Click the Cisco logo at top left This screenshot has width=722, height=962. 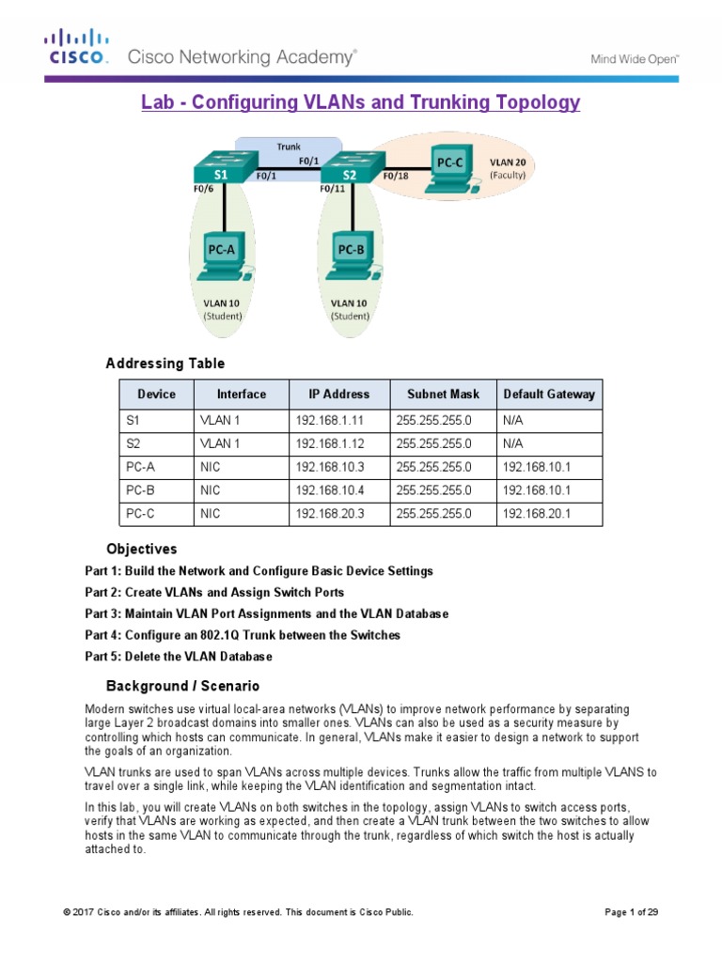pyautogui.click(x=77, y=47)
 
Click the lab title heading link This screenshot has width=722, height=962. pyautogui.click(x=360, y=102)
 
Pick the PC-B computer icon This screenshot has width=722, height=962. pyautogui.click(x=351, y=257)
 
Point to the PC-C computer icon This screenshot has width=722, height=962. pyautogui.click(x=449, y=164)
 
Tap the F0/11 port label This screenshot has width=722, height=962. pyautogui.click(x=333, y=189)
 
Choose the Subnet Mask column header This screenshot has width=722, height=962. pyautogui.click(x=443, y=395)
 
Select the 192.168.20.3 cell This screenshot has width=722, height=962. pyautogui.click(x=328, y=514)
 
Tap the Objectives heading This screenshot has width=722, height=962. pyautogui.click(x=141, y=549)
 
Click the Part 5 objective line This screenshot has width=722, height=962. pyautogui.click(x=179, y=656)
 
